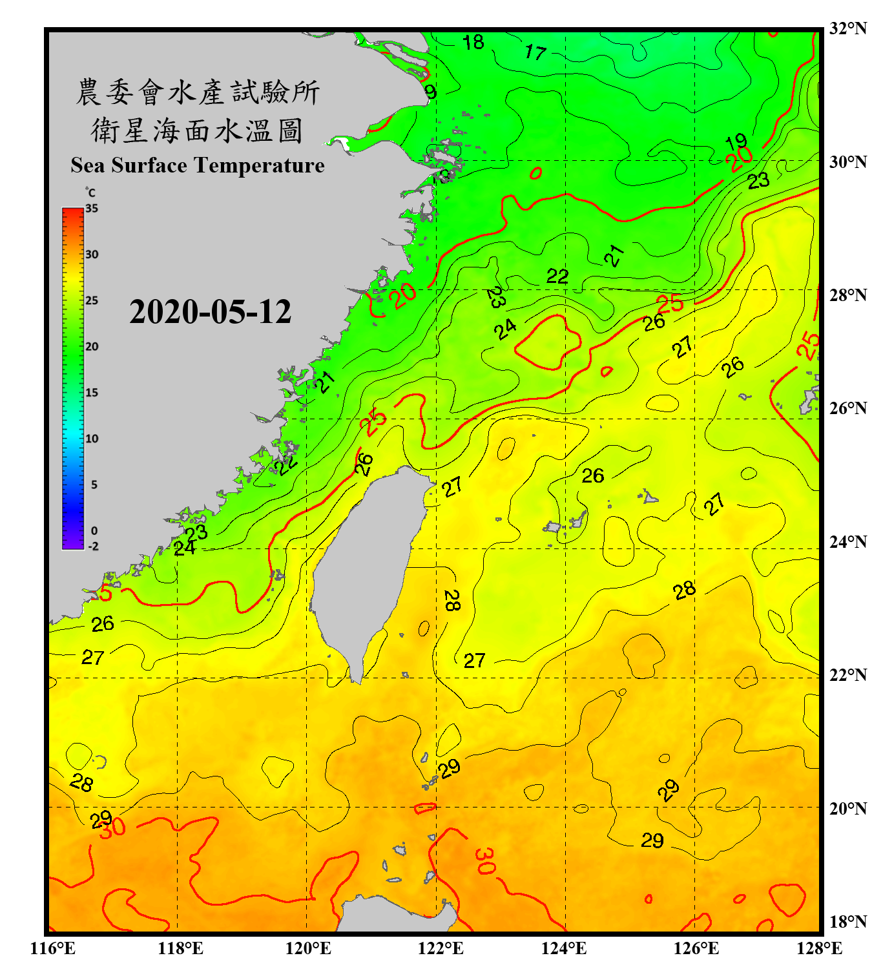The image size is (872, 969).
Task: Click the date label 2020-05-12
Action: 210,312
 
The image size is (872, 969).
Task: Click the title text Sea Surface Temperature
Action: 198,165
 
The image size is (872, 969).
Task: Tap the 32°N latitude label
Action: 847,28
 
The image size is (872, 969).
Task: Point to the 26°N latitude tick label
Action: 847,408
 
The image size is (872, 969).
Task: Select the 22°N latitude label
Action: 847,675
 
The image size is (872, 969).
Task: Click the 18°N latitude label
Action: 847,922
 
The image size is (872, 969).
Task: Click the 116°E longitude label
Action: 53,948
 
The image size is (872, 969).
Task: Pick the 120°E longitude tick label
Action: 308,948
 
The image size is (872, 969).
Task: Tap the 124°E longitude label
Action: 564,948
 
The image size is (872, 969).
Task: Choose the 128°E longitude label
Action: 819,948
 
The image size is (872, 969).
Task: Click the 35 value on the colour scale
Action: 92,209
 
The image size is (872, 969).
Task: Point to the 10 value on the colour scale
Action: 92,439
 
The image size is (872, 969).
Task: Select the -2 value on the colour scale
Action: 93,546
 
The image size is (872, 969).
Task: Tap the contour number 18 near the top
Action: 473,43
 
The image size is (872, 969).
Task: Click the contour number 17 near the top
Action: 535,52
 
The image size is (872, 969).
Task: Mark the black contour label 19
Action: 736,141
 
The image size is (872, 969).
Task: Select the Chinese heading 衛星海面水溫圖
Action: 197,130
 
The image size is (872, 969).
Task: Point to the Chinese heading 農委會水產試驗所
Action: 198,92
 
